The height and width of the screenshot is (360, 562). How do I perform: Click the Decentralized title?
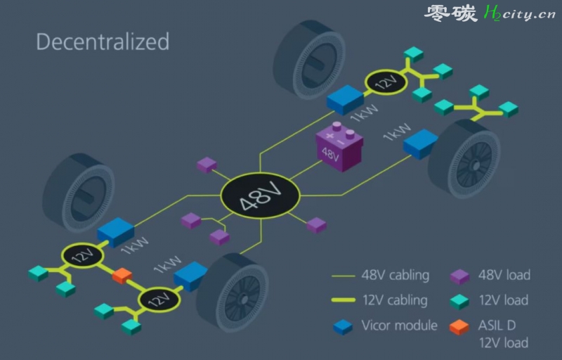click(103, 41)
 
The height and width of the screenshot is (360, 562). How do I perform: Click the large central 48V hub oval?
click(260, 195)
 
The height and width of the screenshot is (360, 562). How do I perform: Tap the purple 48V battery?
click(339, 147)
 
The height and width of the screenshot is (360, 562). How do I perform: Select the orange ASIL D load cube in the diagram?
click(122, 276)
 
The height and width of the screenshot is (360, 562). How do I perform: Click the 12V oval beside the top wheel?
click(386, 82)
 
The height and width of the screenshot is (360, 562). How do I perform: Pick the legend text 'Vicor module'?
click(399, 326)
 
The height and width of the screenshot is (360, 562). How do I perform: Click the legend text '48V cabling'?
click(396, 275)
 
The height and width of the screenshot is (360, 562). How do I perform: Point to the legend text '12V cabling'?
click(395, 300)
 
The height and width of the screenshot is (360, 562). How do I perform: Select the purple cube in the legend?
click(459, 276)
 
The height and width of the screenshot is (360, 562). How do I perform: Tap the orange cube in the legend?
click(459, 327)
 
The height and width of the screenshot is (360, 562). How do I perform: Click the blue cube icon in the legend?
click(343, 327)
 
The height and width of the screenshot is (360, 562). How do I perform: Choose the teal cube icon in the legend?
click(459, 302)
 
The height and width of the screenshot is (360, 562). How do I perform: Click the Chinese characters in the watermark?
click(450, 13)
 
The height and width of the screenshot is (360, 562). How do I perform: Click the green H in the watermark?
click(490, 13)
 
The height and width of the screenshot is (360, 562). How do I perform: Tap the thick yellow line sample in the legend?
click(344, 300)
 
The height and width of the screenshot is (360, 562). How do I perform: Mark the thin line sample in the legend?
click(344, 276)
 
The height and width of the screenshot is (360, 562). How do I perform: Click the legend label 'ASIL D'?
click(497, 326)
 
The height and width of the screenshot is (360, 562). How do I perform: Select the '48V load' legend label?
click(504, 275)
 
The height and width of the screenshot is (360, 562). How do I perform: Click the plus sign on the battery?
click(329, 136)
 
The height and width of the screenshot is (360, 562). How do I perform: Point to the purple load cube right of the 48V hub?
click(317, 225)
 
